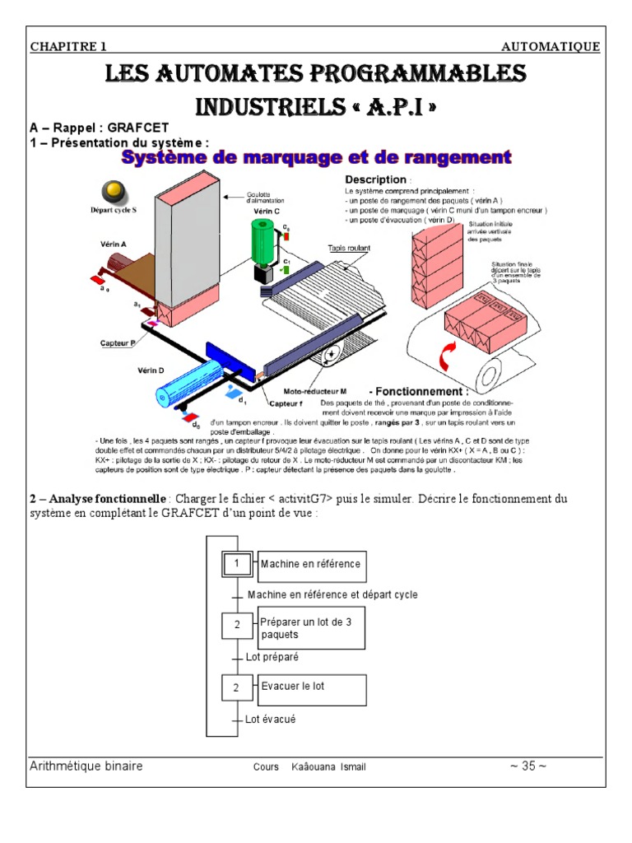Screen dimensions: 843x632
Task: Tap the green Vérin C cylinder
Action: click(267, 240)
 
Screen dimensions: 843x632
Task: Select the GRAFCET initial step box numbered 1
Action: click(235, 565)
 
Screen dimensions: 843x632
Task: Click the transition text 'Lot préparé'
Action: click(272, 657)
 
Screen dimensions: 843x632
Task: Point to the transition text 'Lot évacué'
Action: click(271, 719)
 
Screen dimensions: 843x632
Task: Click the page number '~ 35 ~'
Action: click(527, 766)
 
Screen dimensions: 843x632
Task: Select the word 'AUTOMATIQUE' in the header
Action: click(551, 47)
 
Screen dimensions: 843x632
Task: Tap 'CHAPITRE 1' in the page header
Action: click(68, 47)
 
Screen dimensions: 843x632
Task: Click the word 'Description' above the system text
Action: click(375, 179)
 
